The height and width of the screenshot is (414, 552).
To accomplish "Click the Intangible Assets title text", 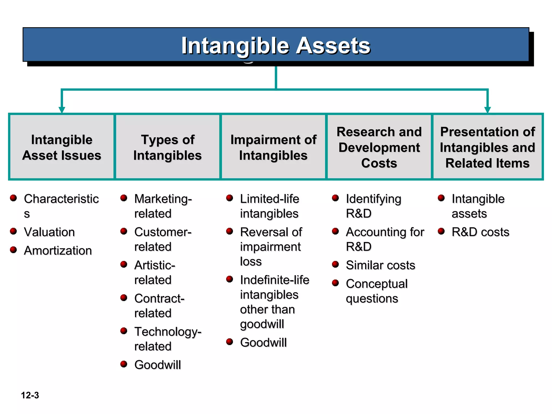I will pos(276,46).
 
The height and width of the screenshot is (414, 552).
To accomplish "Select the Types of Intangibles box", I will pos(167,147).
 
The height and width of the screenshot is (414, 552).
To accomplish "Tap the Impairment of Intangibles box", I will pos(273,147).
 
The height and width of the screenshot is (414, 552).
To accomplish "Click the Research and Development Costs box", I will pos(379,147).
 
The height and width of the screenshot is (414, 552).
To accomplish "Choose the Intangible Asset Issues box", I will pos(62,147).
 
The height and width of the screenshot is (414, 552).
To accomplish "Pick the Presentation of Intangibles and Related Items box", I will pos(487,147).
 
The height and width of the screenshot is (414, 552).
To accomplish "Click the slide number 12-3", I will pos(30,395).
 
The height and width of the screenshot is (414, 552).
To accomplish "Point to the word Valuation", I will pos(49,232).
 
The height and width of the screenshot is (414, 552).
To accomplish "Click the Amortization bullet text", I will pos(58,251).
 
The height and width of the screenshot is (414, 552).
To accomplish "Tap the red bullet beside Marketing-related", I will pos(124,198).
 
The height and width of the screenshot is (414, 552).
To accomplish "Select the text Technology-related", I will pos(167,339).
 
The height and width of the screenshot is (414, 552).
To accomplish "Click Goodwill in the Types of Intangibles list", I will pos(158,365).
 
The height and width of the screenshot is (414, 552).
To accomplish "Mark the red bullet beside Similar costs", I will pos(335,264).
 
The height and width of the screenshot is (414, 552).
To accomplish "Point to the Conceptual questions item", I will pos(377,291).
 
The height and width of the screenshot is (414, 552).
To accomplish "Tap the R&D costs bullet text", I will pos(480,232).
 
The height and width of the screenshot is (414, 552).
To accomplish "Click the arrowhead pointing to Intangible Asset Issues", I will pos(62,110).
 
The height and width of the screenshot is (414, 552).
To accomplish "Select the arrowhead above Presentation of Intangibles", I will pos(487,110).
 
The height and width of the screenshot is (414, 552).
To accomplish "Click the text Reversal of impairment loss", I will pos(271,247).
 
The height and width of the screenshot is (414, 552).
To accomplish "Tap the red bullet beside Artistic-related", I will pos(124,264).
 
